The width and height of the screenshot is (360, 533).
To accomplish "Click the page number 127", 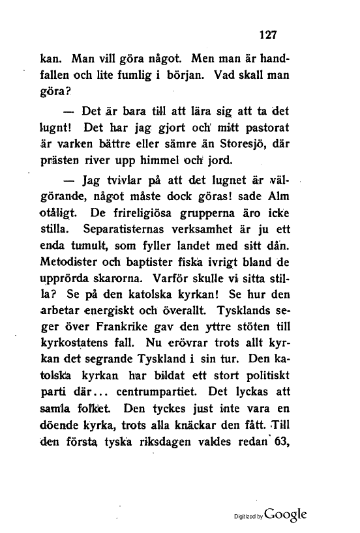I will click(x=269, y=36).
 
